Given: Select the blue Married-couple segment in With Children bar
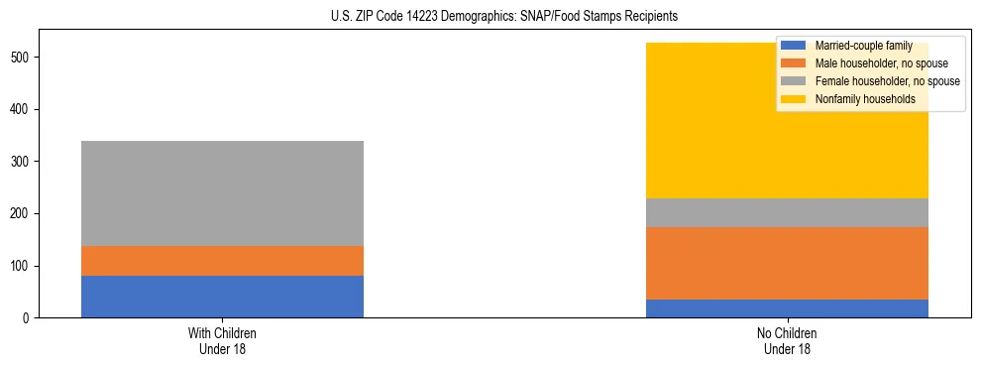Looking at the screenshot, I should pos(222,297).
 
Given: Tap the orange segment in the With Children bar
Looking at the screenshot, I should pos(222,261).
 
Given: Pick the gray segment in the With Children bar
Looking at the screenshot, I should pos(222,193).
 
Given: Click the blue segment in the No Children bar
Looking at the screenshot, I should pos(787,308).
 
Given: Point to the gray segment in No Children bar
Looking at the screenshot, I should pos(787,212).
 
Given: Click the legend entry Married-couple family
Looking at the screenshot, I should pos(858,46).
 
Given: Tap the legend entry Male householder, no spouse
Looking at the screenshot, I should pos(872,63).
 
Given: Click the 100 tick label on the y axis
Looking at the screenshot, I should pos(24,266).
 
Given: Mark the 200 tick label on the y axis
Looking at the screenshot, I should pos(24,213).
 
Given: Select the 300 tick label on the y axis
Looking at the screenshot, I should pos(24,162).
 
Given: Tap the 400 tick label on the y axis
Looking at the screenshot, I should pos(24,109).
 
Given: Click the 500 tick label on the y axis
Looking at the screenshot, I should pos(24,58).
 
